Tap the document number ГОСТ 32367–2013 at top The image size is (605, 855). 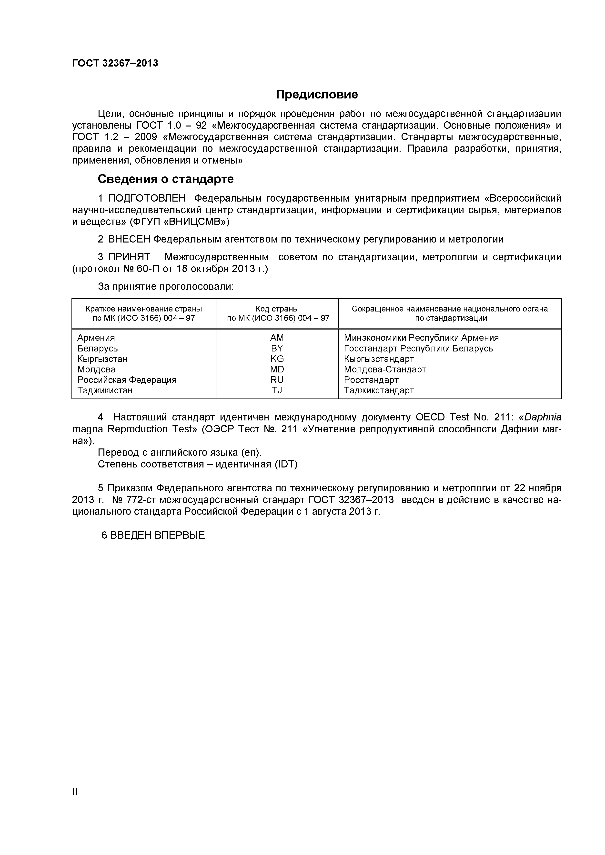(x=115, y=63)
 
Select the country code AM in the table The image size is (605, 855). (x=277, y=338)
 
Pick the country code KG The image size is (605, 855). (x=277, y=359)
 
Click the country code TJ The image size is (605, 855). (x=277, y=390)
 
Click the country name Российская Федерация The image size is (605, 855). (x=127, y=380)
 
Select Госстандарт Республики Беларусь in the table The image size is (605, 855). (x=418, y=349)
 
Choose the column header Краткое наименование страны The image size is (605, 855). (x=143, y=309)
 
